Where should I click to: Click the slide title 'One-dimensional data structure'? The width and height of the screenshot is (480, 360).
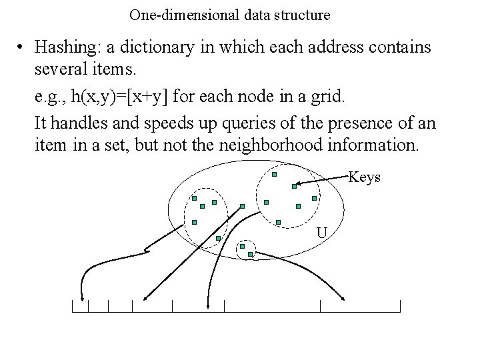(x=230, y=14)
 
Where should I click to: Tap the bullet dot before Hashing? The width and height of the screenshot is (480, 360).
(x=22, y=48)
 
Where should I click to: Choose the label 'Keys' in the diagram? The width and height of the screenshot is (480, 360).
(x=365, y=177)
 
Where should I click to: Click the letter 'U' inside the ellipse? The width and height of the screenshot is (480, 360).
(x=321, y=233)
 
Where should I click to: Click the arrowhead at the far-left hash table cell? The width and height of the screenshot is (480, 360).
(x=81, y=299)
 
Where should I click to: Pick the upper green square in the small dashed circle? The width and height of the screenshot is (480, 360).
(x=242, y=246)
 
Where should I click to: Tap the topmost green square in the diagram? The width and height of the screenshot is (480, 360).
(x=274, y=175)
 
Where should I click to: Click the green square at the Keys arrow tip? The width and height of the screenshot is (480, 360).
(x=294, y=187)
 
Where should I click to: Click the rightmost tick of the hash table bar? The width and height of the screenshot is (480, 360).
(x=400, y=306)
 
